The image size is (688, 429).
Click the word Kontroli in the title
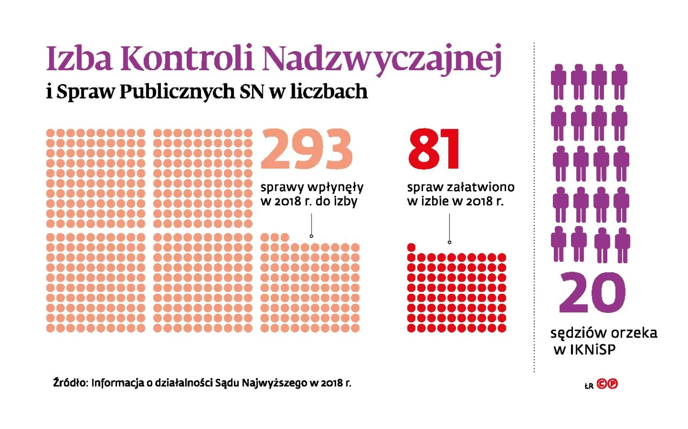186,58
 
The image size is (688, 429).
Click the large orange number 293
306,149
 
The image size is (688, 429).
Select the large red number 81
434,149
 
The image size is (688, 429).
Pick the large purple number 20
592,293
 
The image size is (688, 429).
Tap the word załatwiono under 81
481,187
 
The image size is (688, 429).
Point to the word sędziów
572,334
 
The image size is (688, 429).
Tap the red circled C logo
602,384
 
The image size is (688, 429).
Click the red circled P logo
612,384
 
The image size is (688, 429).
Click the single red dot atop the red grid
411,247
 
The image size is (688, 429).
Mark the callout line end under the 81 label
449,242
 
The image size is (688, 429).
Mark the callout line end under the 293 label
311,236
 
